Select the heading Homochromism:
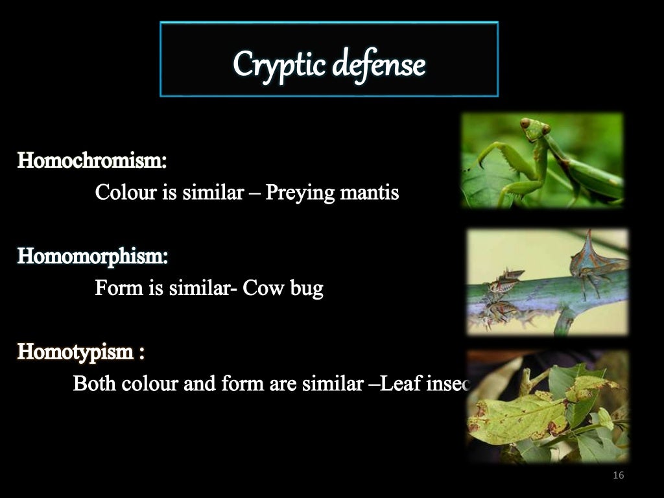click(x=92, y=160)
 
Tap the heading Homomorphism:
click(x=92, y=256)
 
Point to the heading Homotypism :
click(x=81, y=352)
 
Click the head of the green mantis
click(x=532, y=127)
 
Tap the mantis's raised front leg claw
click(x=482, y=161)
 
